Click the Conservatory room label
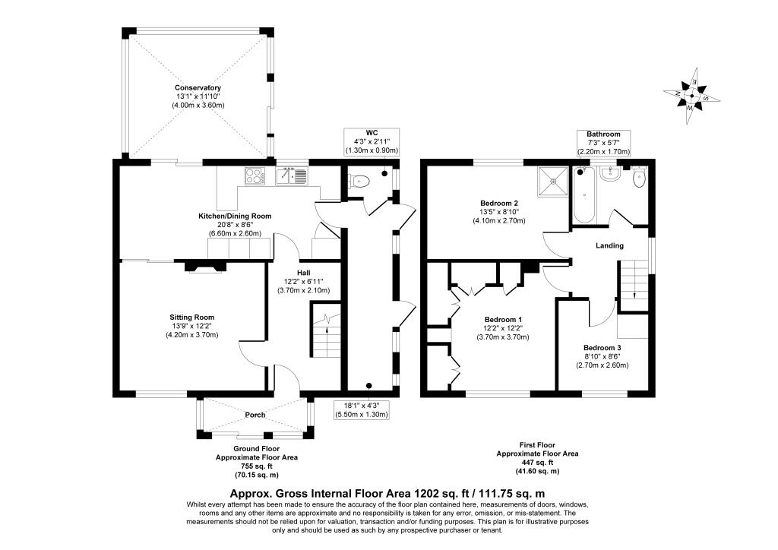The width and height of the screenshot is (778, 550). pyautogui.click(x=198, y=88)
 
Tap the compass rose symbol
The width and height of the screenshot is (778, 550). pyautogui.click(x=691, y=96)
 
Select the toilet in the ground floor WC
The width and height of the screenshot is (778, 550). pyautogui.click(x=359, y=182)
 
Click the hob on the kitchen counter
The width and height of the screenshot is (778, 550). pyautogui.click(x=255, y=176)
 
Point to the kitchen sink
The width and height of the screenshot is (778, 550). pyautogui.click(x=293, y=176)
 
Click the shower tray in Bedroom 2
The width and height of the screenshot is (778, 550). pyautogui.click(x=554, y=181)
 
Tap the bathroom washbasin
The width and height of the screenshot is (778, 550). pyautogui.click(x=609, y=173)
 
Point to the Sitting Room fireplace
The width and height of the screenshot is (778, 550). pyautogui.click(x=205, y=267)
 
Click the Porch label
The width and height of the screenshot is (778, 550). pyautogui.click(x=255, y=415)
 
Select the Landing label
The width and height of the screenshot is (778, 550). pyautogui.click(x=609, y=245)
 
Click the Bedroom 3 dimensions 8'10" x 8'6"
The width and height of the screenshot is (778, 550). pyautogui.click(x=602, y=356)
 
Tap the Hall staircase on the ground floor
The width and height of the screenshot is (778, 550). pyautogui.click(x=326, y=330)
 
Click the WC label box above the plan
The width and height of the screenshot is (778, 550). pyautogui.click(x=372, y=141)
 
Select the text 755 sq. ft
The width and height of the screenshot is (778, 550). pyautogui.click(x=257, y=466)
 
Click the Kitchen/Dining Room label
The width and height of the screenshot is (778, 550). pyautogui.click(x=235, y=217)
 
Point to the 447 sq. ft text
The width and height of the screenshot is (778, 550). pyautogui.click(x=537, y=462)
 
